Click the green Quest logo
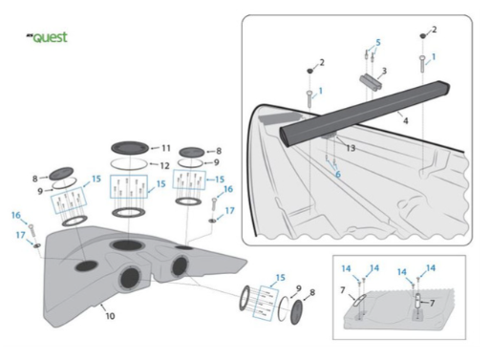pyautogui.click(x=47, y=37)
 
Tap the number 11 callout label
pyautogui.click(x=166, y=148)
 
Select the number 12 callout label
pyautogui.click(x=164, y=165)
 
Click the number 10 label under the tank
pyautogui.click(x=110, y=316)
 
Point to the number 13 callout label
pyautogui.click(x=351, y=148)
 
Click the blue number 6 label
pyautogui.click(x=338, y=174)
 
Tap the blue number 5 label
pyautogui.click(x=378, y=42)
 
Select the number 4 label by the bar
pyautogui.click(x=405, y=120)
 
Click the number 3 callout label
pyautogui.click(x=384, y=71)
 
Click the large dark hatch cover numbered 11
pyautogui.click(x=130, y=148)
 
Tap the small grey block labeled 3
pyautogui.click(x=371, y=82)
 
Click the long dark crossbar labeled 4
pyautogui.click(x=365, y=114)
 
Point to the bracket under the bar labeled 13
pyautogui.click(x=329, y=137)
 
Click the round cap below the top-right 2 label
pyautogui.click(x=422, y=36)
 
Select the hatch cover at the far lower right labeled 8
pyautogui.click(x=297, y=312)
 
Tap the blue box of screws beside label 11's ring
pyautogui.click(x=129, y=186)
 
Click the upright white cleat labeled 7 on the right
pyautogui.click(x=418, y=301)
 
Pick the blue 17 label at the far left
pyautogui.click(x=21, y=235)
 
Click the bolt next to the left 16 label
pyautogui.click(x=32, y=230)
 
